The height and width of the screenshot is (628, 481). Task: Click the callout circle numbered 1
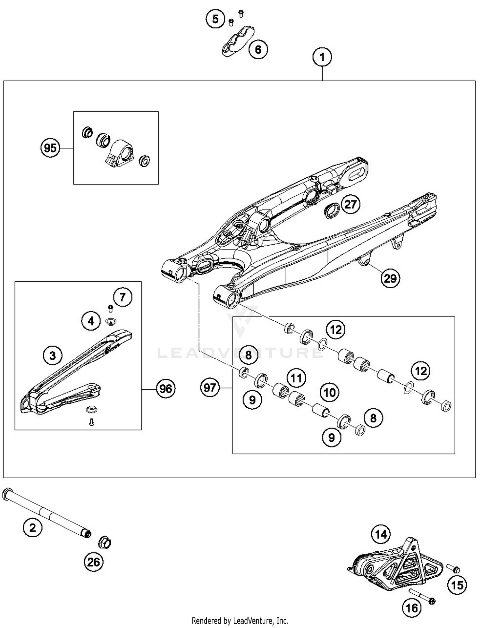click(x=322, y=57)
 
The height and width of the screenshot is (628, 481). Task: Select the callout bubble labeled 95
click(x=50, y=148)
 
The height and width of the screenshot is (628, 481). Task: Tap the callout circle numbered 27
click(x=350, y=204)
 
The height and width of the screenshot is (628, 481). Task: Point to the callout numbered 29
click(x=390, y=278)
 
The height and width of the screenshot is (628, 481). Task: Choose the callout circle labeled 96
click(x=165, y=389)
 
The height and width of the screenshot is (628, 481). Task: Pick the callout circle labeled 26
click(x=94, y=562)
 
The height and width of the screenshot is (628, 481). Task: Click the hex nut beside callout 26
click(x=105, y=542)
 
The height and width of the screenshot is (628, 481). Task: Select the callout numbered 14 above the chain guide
click(x=381, y=534)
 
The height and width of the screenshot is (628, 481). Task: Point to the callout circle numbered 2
click(x=33, y=527)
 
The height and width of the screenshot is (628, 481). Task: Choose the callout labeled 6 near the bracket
click(x=258, y=49)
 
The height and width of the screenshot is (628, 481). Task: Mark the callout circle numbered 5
click(x=215, y=19)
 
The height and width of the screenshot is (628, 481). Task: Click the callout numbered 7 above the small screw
click(x=122, y=297)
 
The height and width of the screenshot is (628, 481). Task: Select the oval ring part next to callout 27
click(x=332, y=211)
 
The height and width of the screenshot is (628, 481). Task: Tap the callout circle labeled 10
click(x=330, y=392)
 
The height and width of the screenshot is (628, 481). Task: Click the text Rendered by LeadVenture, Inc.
click(x=240, y=621)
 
